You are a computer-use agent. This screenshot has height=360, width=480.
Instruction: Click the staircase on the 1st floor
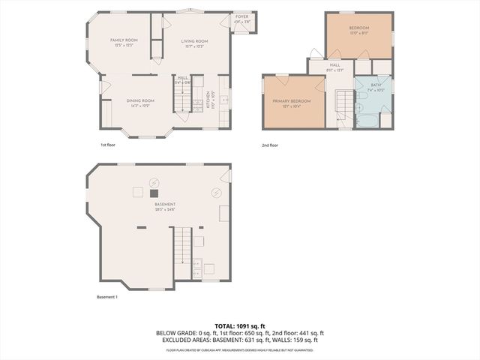click(182, 97)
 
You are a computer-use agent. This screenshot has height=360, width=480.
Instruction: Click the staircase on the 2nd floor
click(343, 105)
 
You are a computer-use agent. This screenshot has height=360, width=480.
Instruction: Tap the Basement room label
click(165, 205)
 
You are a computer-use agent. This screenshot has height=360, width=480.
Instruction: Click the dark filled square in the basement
click(154, 193)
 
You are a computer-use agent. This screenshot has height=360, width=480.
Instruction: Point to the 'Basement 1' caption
click(107, 297)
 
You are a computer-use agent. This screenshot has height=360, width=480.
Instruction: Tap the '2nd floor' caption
click(270, 145)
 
